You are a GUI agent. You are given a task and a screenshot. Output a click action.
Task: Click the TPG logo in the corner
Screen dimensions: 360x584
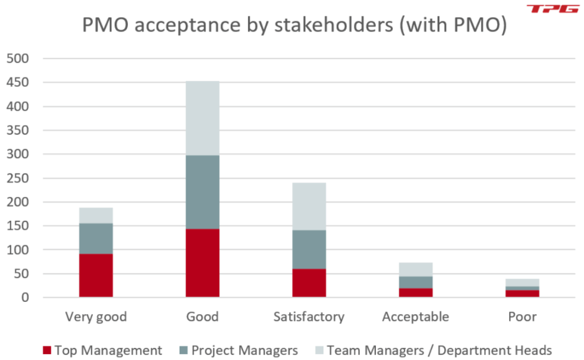point(553,9)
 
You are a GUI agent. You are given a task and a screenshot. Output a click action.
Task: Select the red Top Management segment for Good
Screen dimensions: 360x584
point(202,263)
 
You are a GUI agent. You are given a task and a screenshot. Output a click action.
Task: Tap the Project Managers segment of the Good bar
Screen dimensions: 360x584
point(202,192)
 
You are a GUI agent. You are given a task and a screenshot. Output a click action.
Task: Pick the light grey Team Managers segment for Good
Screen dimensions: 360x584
point(202,118)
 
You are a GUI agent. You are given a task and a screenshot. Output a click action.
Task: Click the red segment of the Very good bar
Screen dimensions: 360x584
point(96,276)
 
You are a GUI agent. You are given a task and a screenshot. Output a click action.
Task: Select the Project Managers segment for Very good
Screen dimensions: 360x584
point(96,238)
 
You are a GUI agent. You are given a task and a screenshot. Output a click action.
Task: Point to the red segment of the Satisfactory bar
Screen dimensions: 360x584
point(309,283)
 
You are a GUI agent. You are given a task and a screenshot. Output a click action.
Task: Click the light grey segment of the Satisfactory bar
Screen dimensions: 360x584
point(309,207)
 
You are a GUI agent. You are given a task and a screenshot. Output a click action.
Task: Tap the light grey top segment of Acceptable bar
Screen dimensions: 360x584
point(416,269)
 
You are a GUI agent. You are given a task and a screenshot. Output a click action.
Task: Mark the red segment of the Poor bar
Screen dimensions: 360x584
point(522,293)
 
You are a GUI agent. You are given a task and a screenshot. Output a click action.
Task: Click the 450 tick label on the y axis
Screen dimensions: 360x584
point(21,83)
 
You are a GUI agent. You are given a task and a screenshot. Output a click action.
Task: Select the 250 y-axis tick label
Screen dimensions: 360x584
point(21,178)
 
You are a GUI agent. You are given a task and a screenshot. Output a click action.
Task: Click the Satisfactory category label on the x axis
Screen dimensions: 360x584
point(309,317)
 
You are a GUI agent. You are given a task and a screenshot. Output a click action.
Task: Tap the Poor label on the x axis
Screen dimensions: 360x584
point(522,317)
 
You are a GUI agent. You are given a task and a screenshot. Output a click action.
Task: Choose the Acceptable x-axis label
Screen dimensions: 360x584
point(416,317)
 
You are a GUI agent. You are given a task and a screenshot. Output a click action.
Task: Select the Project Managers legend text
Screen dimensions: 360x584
point(245,350)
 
